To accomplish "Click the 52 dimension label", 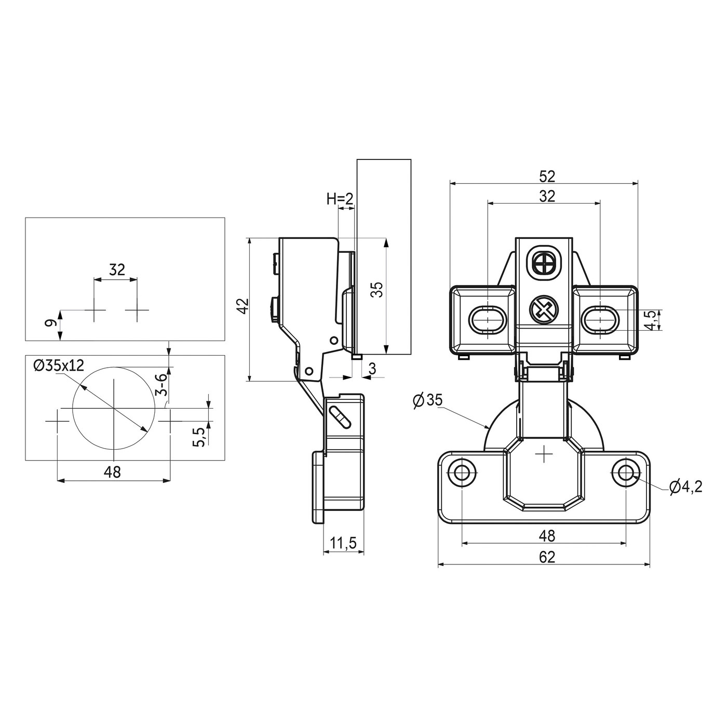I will (x=547, y=177).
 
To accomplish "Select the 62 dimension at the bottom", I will (x=547, y=557).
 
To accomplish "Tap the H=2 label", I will (x=340, y=198).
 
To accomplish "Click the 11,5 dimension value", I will (x=343, y=544).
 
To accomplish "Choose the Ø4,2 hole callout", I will (x=685, y=487).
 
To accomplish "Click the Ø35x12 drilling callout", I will (x=58, y=365).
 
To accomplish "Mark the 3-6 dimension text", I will (x=162, y=385).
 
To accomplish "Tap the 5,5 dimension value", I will (x=199, y=436).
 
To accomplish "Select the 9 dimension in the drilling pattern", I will (x=51, y=324).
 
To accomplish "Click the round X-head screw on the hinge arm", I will (x=543, y=311).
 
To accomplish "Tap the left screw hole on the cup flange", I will (x=461, y=472).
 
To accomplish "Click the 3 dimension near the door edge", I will (x=372, y=369).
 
